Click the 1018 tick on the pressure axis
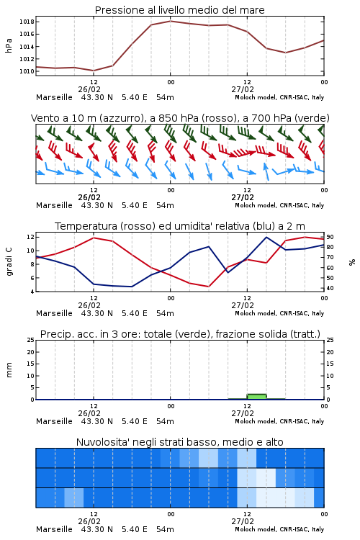(x=27, y=22)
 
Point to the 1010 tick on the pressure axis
(x=27, y=71)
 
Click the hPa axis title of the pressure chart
(x=9, y=45)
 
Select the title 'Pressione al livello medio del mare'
(x=180, y=10)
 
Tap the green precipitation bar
(x=256, y=397)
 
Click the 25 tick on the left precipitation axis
(x=31, y=340)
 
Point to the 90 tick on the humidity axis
(x=330, y=237)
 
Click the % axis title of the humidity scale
(x=352, y=262)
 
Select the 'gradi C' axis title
(x=9, y=261)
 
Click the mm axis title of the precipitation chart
(x=9, y=370)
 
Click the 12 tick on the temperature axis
(x=30, y=237)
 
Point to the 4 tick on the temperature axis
(x=32, y=292)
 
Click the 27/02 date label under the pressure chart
(x=243, y=89)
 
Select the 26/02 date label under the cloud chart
(x=89, y=521)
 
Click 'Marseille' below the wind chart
(x=55, y=205)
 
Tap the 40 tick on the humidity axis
(x=330, y=288)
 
